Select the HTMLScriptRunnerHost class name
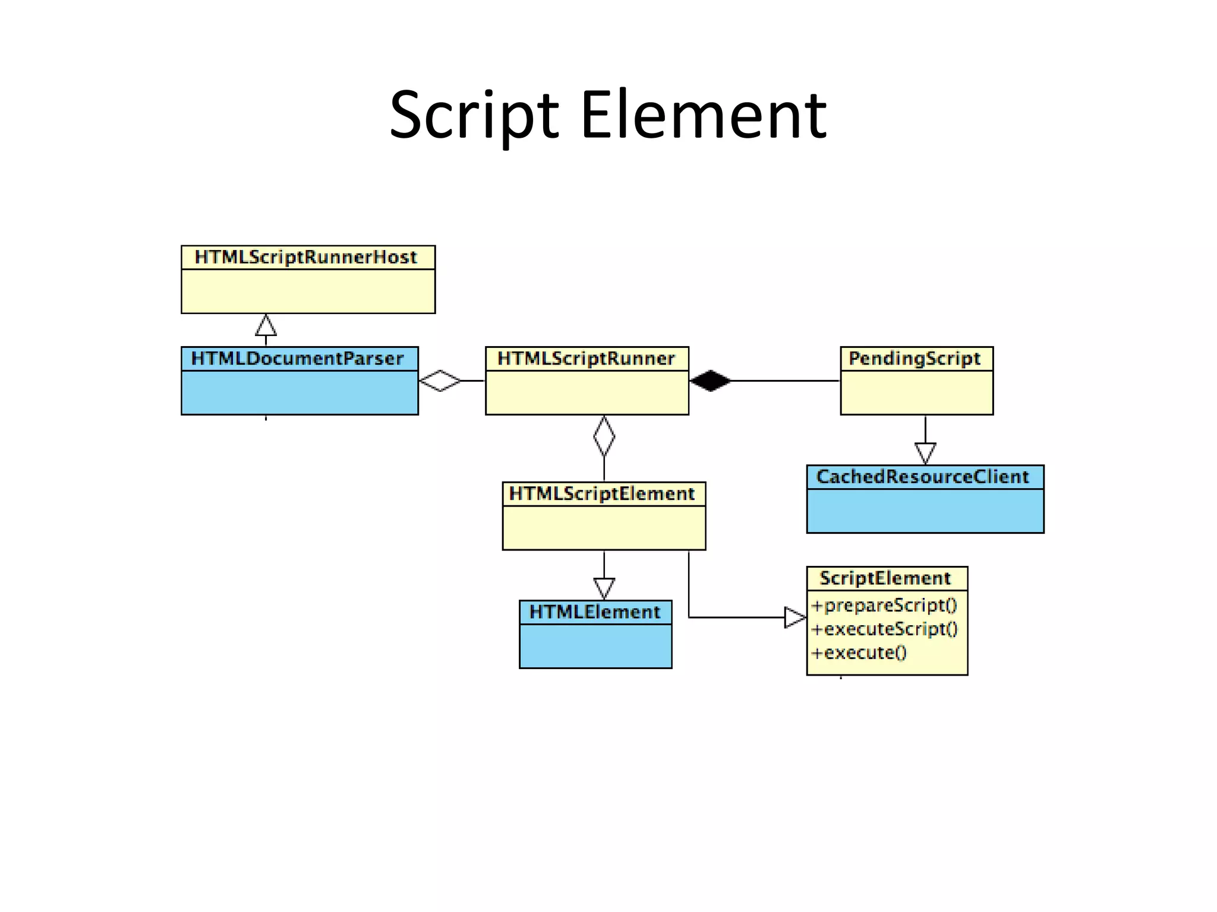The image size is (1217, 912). point(306,258)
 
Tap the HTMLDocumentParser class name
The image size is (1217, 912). point(297,359)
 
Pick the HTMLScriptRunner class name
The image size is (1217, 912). point(586,359)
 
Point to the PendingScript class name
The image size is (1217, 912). point(915,359)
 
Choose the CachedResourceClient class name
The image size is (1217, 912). point(923,477)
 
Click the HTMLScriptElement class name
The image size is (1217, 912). point(602,494)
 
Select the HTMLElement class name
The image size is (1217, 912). point(595,612)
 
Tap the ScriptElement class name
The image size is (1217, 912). point(885,578)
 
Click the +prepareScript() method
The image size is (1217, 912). point(884,606)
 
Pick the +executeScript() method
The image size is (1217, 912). point(885,629)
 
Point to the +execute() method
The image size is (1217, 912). point(859,653)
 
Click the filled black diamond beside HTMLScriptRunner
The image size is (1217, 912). point(711,381)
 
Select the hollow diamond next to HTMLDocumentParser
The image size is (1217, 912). point(440,381)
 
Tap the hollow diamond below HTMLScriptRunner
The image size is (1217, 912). point(604,436)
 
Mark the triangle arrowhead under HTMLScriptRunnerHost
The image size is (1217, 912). point(266,326)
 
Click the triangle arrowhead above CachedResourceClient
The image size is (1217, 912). point(925,453)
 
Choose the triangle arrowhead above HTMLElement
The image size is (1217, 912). point(604,588)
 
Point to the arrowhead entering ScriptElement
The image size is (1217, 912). point(795,617)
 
